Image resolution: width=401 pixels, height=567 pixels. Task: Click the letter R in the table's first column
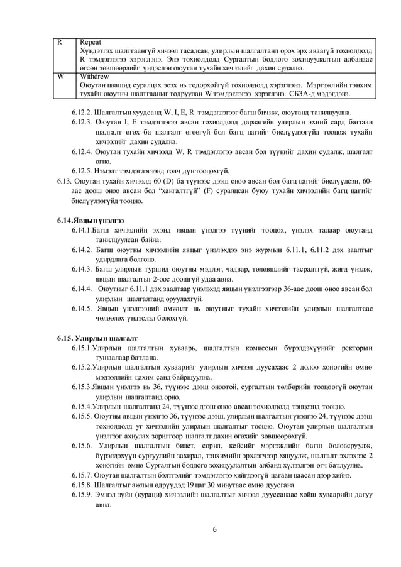pyautogui.click(x=59, y=40)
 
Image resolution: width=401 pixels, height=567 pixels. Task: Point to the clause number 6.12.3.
pyautogui.click(x=82, y=123)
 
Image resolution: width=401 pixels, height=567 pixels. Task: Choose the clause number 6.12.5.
pyautogui.click(x=82, y=171)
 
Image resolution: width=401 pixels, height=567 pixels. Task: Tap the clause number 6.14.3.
pyautogui.click(x=82, y=269)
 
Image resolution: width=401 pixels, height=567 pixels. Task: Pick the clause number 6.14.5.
pyautogui.click(x=82, y=308)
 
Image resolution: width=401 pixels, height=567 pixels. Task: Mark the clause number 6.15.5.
pyautogui.click(x=82, y=416)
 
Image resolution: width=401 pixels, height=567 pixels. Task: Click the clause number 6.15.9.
pyautogui.click(x=82, y=495)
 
